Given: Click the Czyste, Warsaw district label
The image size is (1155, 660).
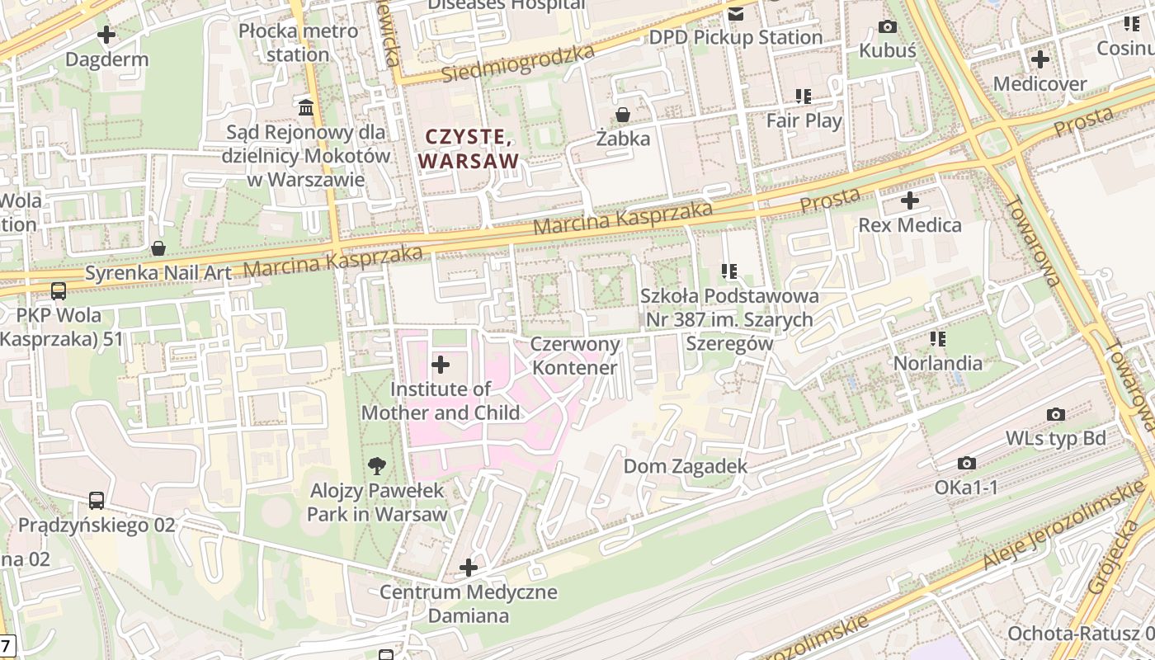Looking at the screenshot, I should (469, 148).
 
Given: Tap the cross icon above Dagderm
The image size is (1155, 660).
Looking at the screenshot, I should (106, 35).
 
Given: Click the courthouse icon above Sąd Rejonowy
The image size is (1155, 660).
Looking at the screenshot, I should (306, 107).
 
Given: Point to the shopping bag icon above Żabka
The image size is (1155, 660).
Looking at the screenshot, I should (623, 114).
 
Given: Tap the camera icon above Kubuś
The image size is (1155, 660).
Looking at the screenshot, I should (888, 26).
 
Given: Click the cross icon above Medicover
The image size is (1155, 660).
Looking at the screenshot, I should (1039, 59).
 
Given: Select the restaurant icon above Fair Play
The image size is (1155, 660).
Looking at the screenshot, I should (804, 97).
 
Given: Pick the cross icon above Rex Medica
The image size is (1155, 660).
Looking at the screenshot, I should (909, 200).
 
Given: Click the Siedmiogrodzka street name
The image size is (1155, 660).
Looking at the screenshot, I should (517, 64).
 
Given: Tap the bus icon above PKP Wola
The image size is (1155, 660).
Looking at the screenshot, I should (59, 290).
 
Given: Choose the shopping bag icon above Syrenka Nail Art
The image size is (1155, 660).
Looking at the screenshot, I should (158, 248).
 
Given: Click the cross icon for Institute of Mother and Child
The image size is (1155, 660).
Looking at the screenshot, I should (441, 364).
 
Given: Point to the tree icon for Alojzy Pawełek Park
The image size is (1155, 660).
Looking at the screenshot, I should (377, 465).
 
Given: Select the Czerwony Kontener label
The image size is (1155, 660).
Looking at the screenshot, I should (575, 356).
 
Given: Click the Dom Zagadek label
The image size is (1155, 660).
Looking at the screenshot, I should (685, 466).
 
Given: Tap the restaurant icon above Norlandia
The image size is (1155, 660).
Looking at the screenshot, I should (937, 338).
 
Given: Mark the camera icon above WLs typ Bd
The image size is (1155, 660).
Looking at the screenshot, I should (1055, 414).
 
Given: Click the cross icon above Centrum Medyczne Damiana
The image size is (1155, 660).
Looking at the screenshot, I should (469, 568).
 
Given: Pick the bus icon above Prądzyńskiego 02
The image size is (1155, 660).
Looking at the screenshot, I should (97, 501).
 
